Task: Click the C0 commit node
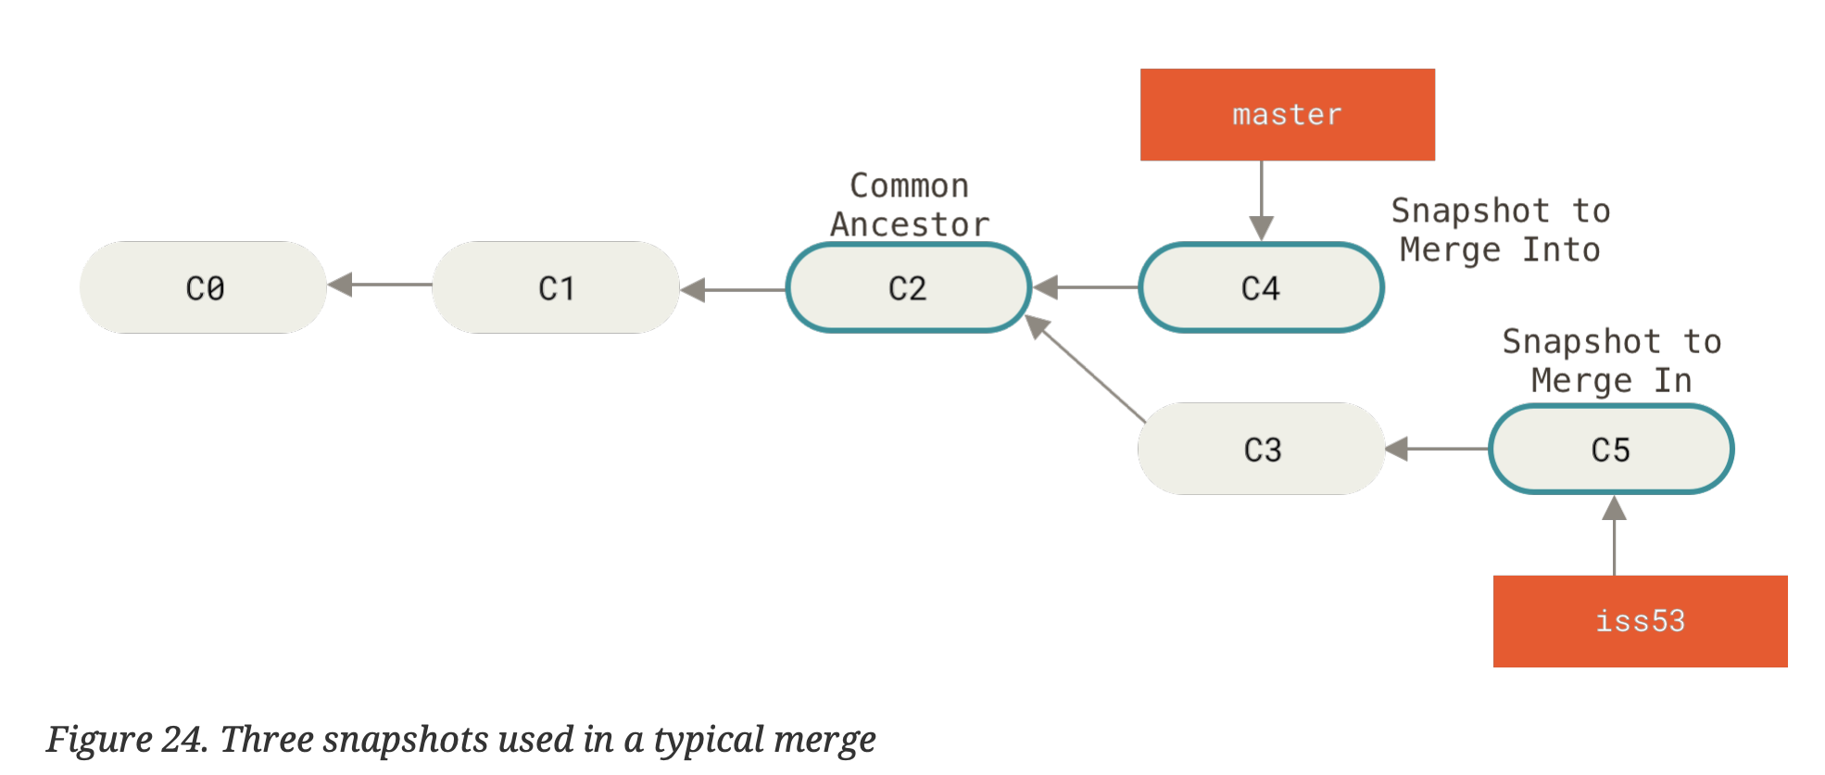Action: (204, 287)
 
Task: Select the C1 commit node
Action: (556, 287)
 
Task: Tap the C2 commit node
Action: (908, 287)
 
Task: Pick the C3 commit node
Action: (1262, 449)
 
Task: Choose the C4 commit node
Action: (1261, 287)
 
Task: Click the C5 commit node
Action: (1611, 449)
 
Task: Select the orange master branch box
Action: (1287, 114)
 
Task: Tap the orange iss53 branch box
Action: (1640, 620)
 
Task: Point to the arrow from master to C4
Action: (1261, 199)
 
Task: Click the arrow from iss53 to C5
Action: (1614, 538)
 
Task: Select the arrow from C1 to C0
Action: (380, 285)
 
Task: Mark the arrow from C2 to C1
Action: (732, 290)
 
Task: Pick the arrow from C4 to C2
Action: (1086, 287)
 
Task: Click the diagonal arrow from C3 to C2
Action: (1086, 369)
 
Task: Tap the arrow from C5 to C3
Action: (1438, 449)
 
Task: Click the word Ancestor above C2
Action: (910, 224)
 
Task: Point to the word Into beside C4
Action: (1561, 249)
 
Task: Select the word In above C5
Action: (1672, 380)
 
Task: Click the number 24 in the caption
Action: (182, 740)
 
